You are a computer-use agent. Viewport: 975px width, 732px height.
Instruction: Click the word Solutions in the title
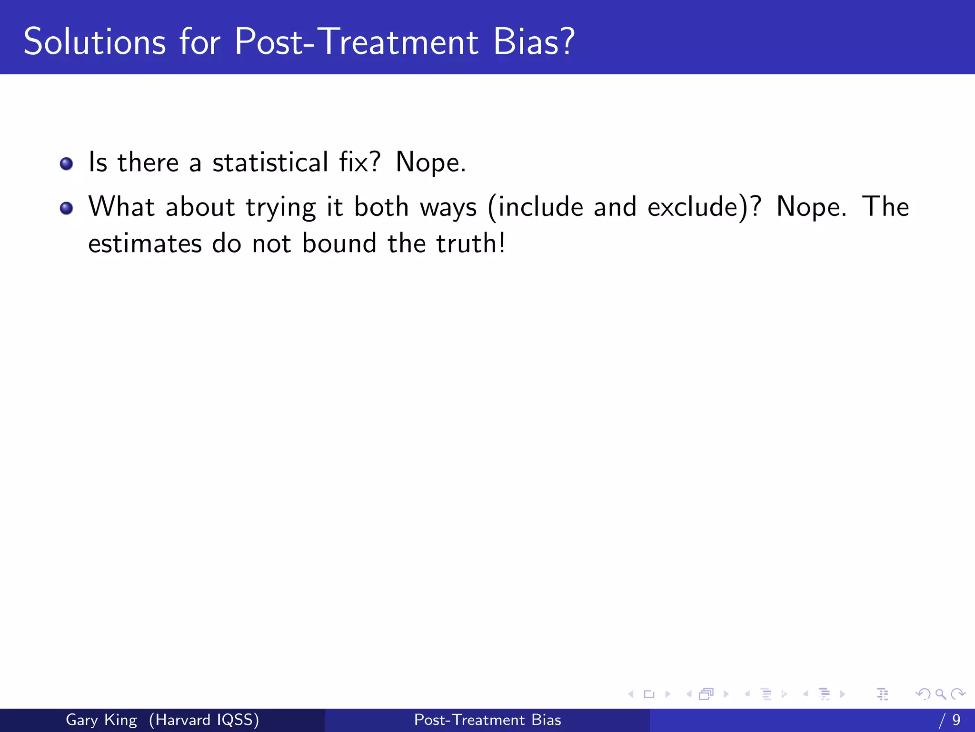(x=95, y=42)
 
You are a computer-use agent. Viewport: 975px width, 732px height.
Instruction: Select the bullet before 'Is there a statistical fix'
(x=66, y=164)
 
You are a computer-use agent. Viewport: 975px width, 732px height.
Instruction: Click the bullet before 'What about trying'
(x=66, y=208)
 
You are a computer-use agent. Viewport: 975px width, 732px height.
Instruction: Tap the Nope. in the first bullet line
(x=431, y=163)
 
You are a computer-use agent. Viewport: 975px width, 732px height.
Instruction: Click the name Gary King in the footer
(x=101, y=720)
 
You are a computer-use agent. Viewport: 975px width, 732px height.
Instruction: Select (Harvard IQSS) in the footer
(x=204, y=720)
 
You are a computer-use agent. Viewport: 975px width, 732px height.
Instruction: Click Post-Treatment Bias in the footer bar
(x=487, y=720)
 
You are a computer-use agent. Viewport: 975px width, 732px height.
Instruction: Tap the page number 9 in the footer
(x=956, y=720)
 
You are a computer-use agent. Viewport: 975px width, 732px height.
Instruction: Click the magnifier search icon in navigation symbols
(x=940, y=694)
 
